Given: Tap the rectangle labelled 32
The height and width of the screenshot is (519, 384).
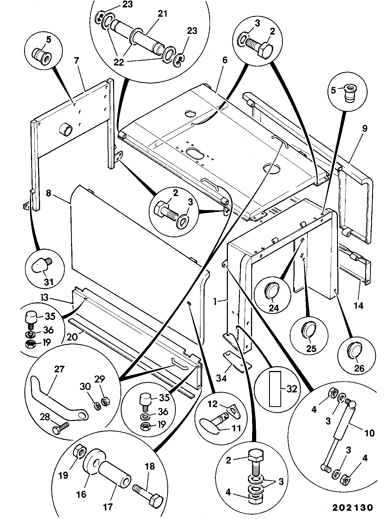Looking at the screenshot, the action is (x=275, y=389).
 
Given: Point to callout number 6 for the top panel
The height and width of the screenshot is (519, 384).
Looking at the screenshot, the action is (x=225, y=60).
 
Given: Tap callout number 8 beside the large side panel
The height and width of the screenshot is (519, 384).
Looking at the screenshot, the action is (x=48, y=193).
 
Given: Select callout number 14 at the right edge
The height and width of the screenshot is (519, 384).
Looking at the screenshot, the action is (x=358, y=305).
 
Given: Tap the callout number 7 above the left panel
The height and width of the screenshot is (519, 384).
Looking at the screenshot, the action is (x=77, y=61).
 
